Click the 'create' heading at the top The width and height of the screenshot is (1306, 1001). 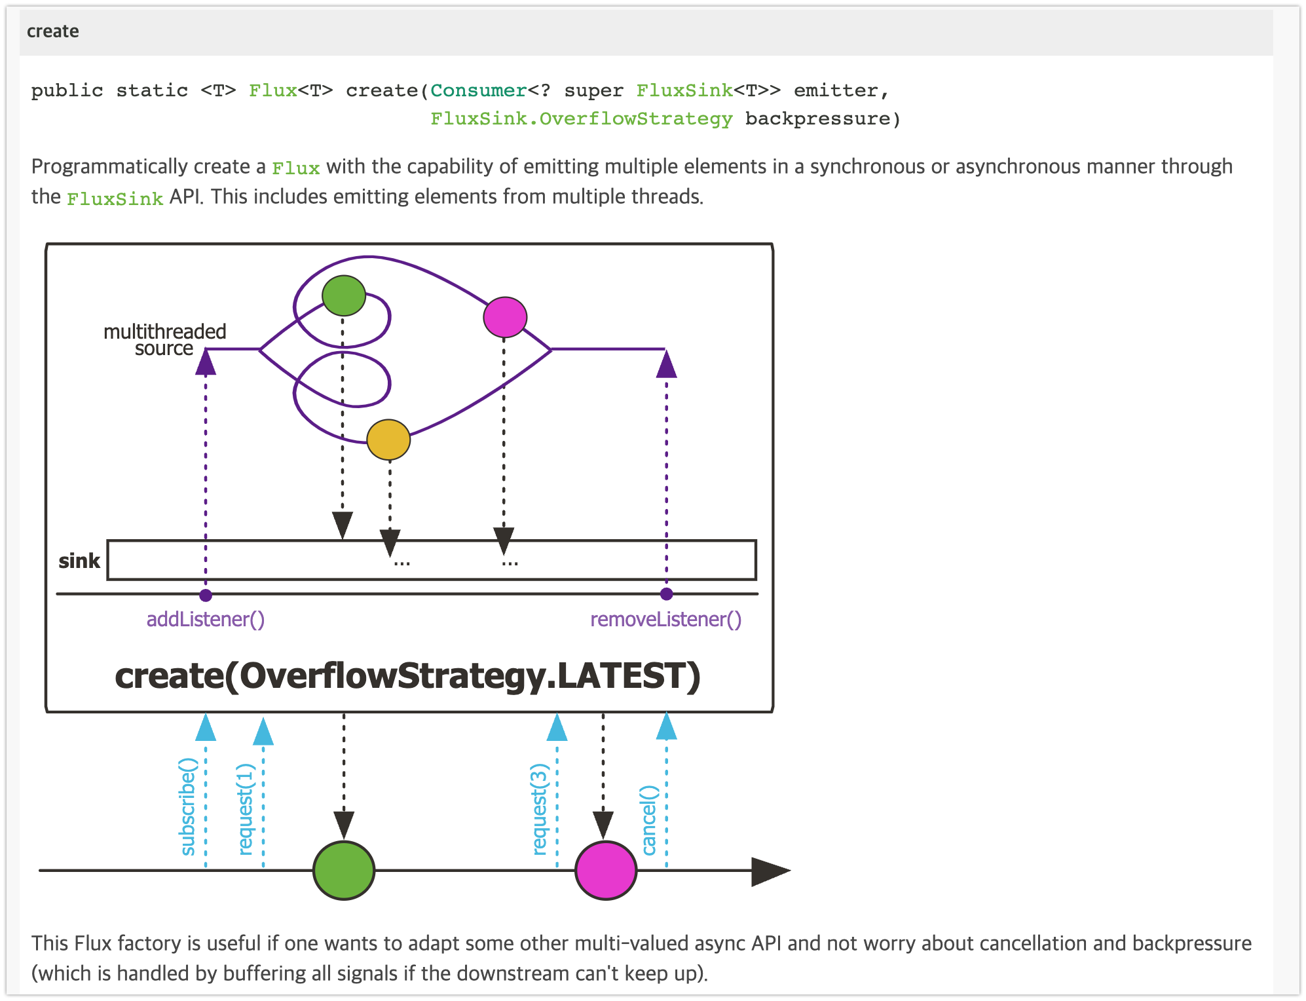tap(52, 31)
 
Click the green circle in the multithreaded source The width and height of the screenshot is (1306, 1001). tap(344, 295)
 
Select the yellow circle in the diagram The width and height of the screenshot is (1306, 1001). tap(388, 440)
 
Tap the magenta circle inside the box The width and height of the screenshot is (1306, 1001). tap(505, 317)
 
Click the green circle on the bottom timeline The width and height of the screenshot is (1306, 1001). tap(344, 871)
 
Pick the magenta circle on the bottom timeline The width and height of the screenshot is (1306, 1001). tap(606, 871)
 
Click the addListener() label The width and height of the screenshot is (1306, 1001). tap(205, 619)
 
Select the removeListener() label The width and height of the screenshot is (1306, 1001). tap(665, 619)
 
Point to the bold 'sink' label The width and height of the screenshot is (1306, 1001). tap(79, 561)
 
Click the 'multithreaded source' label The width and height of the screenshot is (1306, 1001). tap(164, 340)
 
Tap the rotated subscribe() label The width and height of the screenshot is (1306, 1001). tap(188, 806)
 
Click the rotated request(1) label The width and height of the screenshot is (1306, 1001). tap(246, 809)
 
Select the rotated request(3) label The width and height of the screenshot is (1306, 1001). tap(539, 809)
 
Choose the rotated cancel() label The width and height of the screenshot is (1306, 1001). tap(648, 820)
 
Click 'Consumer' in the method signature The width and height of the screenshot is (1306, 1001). tap(479, 90)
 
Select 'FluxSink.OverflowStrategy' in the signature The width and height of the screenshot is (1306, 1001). tap(581, 119)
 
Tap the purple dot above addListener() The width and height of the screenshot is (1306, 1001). tap(206, 595)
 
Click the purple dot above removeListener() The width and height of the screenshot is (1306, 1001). tap(666, 594)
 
